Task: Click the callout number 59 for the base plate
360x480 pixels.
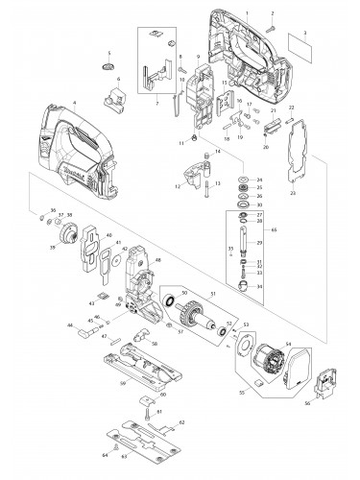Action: pyautogui.click(x=123, y=385)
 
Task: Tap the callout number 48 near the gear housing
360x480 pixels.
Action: pyautogui.click(x=157, y=260)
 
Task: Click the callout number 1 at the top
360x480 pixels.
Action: pyautogui.click(x=246, y=11)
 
